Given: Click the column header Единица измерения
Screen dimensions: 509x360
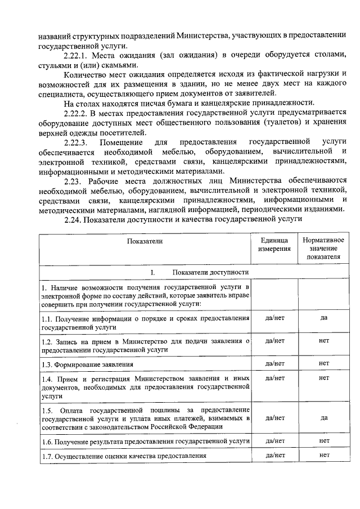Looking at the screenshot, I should tap(274, 244).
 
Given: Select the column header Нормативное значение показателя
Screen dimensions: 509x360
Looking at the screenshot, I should tap(323, 248).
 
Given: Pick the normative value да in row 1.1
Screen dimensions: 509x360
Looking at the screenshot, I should tap(323, 318).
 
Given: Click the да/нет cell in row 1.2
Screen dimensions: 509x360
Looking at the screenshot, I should tap(274, 340).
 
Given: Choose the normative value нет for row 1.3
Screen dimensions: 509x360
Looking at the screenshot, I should tap(323, 363).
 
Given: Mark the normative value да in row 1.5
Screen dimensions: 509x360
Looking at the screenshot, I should tap(323, 417).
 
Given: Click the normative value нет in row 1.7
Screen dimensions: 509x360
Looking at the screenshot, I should tap(323, 454).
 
